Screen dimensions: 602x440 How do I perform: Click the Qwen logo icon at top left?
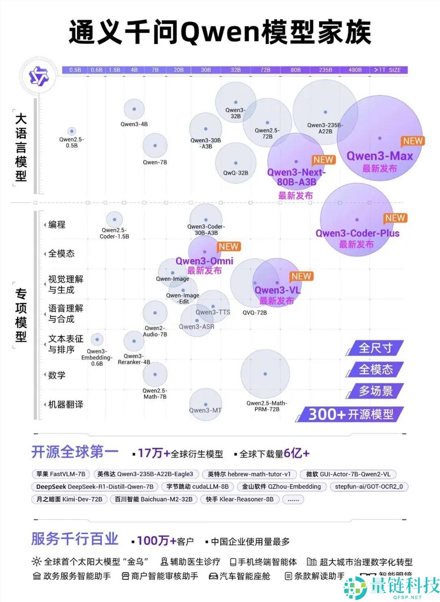[39, 77]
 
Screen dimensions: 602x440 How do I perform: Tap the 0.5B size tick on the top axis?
[75, 70]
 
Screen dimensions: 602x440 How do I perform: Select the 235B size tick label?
[326, 70]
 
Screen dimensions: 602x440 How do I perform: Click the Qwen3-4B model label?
[134, 125]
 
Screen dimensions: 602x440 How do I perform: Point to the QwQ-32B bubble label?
[235, 173]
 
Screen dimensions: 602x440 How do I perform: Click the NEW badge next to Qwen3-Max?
[413, 141]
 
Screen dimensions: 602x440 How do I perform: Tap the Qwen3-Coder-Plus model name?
[357, 233]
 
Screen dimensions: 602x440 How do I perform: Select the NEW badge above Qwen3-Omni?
[228, 247]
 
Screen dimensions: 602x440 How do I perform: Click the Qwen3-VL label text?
[277, 290]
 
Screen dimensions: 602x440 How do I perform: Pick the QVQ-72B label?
[254, 312]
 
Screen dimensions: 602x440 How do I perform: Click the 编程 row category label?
[57, 225]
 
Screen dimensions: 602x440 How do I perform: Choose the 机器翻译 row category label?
[66, 404]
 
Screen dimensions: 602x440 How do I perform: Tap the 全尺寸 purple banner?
[375, 348]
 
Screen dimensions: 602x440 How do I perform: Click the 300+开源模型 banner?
[351, 415]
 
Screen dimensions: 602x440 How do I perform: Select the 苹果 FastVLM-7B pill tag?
[61, 474]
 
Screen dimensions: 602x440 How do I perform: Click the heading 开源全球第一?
[75, 452]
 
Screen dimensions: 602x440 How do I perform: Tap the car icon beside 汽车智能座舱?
[213, 576]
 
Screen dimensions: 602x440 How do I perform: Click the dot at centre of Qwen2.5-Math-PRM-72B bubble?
[265, 374]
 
